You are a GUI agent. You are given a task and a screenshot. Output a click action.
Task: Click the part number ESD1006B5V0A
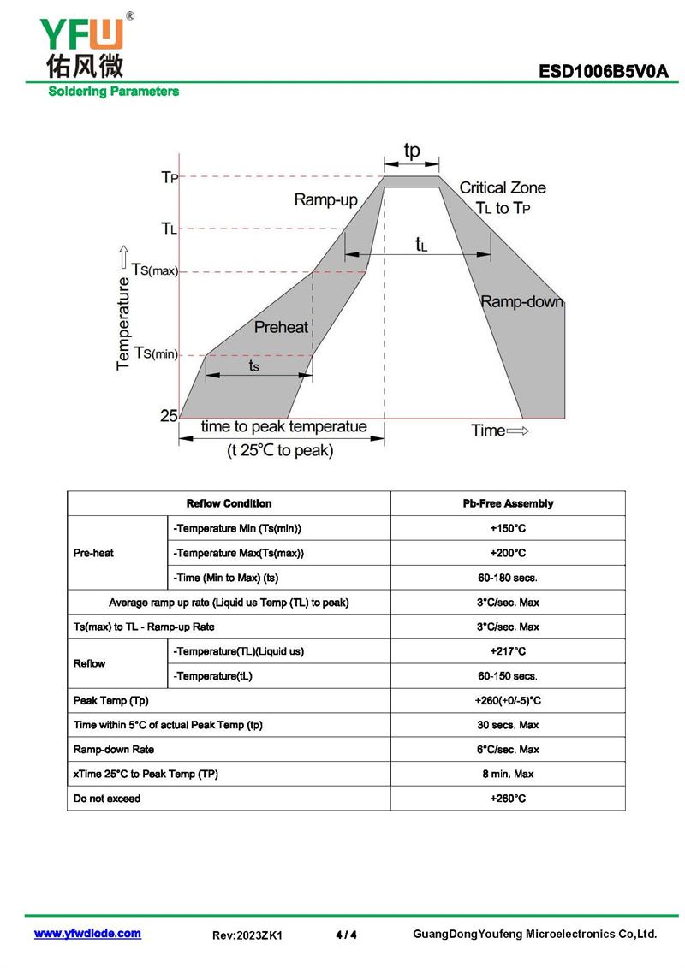603,72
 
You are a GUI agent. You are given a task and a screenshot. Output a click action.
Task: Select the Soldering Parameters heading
114,92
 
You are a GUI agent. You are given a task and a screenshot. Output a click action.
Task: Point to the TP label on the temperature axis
170,177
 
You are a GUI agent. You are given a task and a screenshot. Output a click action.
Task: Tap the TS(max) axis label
154,270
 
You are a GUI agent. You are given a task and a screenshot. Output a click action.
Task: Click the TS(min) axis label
156,353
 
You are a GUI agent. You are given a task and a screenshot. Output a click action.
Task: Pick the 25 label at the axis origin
169,415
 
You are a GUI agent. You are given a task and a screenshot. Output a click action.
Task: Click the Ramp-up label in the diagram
325,200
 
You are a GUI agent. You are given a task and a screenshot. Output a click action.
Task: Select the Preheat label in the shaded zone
281,327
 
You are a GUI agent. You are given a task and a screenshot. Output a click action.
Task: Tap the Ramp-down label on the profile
522,302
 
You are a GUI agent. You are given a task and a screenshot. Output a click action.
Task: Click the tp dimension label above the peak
412,151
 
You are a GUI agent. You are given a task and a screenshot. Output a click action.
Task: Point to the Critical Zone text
503,187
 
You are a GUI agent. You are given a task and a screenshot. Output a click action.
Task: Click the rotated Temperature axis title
123,323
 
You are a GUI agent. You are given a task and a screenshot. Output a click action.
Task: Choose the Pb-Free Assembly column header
508,504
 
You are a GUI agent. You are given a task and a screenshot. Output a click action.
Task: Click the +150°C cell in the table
508,528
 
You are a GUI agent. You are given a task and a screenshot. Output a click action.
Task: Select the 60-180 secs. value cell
508,578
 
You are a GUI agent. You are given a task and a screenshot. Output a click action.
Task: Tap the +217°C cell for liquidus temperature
508,651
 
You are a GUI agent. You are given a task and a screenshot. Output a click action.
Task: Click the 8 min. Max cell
508,775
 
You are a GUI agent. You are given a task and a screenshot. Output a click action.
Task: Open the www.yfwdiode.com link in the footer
87,934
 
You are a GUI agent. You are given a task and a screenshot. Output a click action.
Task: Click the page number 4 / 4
347,935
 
